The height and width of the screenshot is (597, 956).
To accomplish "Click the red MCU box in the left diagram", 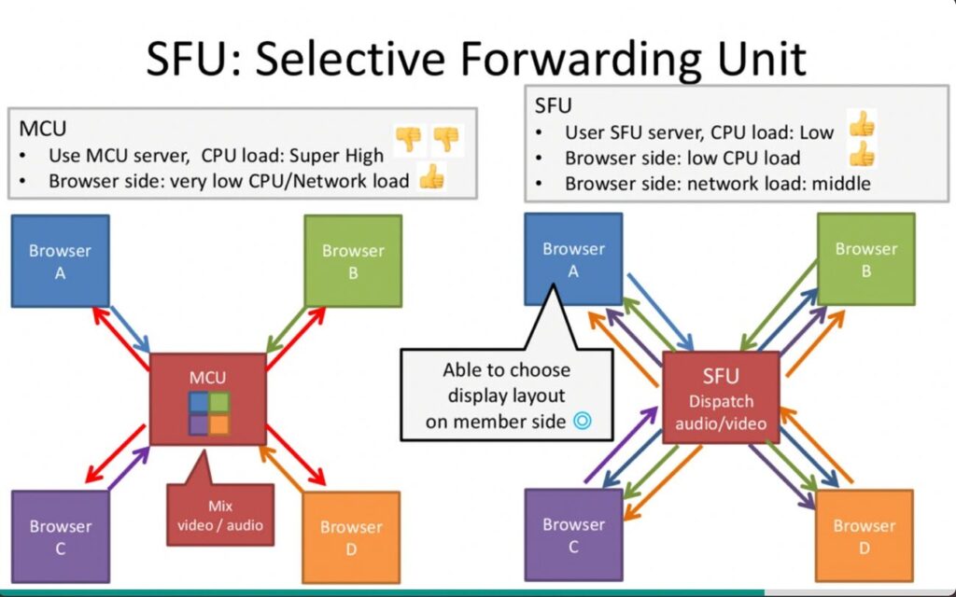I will pyautogui.click(x=207, y=378).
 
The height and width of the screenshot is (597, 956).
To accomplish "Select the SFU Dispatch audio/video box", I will pyautogui.click(x=721, y=396).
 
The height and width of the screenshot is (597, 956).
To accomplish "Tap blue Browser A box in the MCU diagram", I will pyautogui.click(x=60, y=261).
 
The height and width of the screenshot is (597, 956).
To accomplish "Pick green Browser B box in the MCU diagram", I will pyautogui.click(x=353, y=261).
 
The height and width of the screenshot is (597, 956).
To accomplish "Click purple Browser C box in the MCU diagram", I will pyautogui.click(x=60, y=536).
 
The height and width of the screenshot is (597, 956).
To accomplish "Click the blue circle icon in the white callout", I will pyautogui.click(x=583, y=422).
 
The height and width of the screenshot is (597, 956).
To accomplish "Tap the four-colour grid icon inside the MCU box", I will pyautogui.click(x=208, y=414).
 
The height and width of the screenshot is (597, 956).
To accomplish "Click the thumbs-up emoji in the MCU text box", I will pyautogui.click(x=430, y=177).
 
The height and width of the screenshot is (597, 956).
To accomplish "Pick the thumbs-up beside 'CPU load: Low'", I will pyautogui.click(x=862, y=125).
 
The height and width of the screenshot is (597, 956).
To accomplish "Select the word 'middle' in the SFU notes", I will pyautogui.click(x=840, y=184).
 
